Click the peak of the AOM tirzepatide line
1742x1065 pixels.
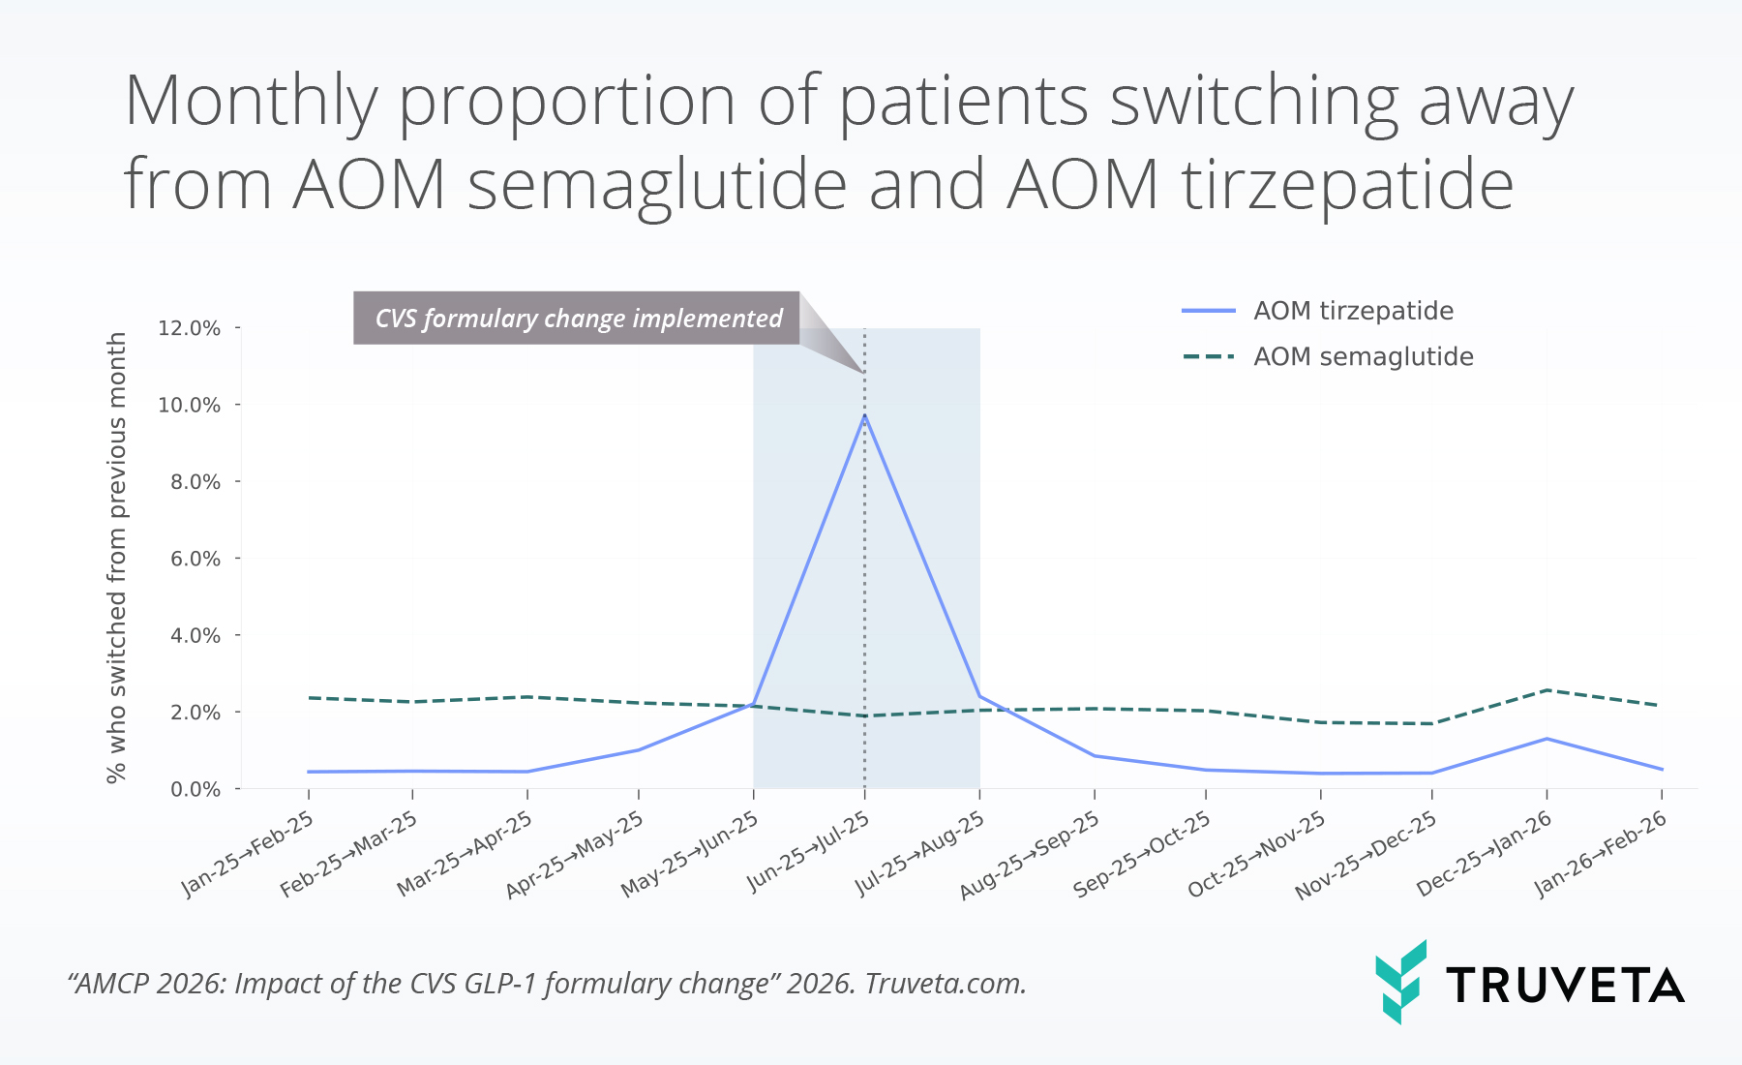pyautogui.click(x=864, y=415)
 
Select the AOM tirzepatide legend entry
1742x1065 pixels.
pyautogui.click(x=1352, y=311)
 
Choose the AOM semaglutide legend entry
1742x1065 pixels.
pyautogui.click(x=1363, y=357)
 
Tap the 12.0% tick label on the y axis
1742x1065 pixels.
pyautogui.click(x=190, y=328)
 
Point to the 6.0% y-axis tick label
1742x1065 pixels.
pyautogui.click(x=195, y=559)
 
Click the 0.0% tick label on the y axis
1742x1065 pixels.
pyautogui.click(x=195, y=789)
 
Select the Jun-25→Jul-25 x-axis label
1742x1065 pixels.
pyautogui.click(x=809, y=852)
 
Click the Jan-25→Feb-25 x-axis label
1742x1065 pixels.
pyautogui.click(x=249, y=853)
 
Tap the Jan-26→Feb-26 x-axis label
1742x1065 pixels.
pyautogui.click(x=1602, y=853)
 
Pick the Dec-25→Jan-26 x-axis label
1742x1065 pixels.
pyautogui.click(x=1485, y=853)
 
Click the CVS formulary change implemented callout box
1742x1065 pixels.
pyautogui.click(x=577, y=319)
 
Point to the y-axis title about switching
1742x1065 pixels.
pyautogui.click(x=116, y=558)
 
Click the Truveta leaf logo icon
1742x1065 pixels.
pyautogui.click(x=1400, y=982)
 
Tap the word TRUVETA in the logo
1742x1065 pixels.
pyautogui.click(x=1564, y=986)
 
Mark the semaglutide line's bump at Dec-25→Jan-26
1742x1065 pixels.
pyautogui.click(x=1547, y=690)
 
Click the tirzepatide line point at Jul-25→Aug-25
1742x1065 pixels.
pyautogui.click(x=979, y=696)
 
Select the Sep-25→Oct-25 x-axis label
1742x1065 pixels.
pyautogui.click(x=1143, y=853)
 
